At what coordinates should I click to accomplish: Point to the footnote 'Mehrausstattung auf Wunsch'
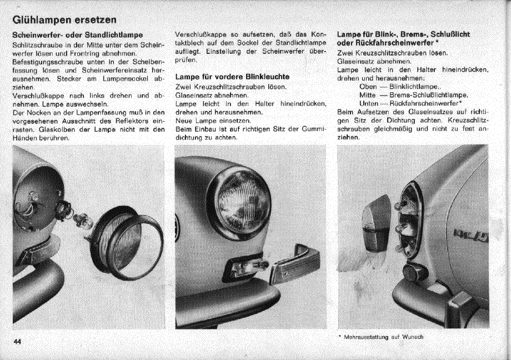383,337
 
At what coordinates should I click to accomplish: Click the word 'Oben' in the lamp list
368,87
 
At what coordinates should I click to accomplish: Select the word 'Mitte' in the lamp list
369,95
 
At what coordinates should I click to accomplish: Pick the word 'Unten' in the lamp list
369,103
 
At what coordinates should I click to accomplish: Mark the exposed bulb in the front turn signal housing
247,269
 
